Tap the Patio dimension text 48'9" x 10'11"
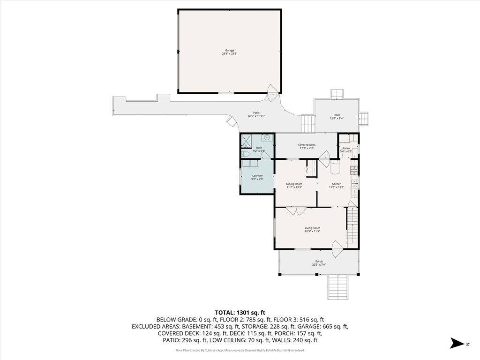tap(256, 116)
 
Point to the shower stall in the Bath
tap(246, 139)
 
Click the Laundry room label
tap(257, 176)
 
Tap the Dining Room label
tap(294, 184)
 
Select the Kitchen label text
tap(337, 184)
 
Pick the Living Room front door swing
tap(337, 248)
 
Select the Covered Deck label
tap(307, 145)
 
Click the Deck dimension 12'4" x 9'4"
tap(337, 118)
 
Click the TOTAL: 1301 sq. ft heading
tap(240, 312)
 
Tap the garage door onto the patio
tap(272, 93)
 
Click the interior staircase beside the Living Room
tap(352, 225)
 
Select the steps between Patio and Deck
tap(307, 124)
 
